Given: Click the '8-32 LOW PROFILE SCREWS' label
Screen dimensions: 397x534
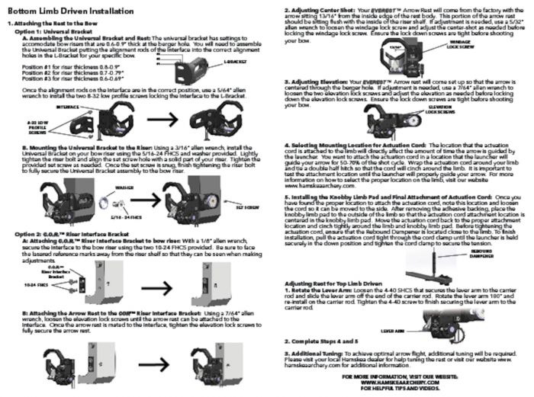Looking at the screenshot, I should coord(38,126).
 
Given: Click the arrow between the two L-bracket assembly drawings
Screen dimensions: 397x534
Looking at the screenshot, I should coord(159,120).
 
